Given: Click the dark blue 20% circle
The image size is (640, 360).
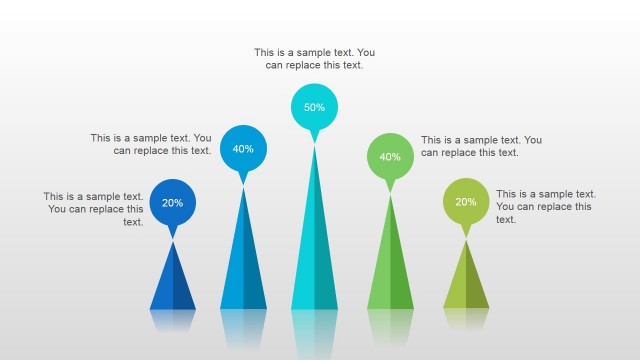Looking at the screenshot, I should pos(172,202).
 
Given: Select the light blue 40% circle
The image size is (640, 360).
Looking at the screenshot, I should pos(243,148).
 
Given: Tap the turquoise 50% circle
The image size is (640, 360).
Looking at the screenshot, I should pos(314,107).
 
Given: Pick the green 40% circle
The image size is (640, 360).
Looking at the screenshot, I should pos(390,156).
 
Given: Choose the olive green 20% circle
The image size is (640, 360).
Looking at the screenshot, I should pos(466,201).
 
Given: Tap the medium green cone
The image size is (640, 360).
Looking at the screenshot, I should pos(390,265).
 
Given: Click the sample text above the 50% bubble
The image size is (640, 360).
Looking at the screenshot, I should pos(314,58).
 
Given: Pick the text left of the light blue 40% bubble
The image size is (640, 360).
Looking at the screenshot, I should pos(151,144).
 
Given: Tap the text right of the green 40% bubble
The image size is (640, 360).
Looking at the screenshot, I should pos(481,146).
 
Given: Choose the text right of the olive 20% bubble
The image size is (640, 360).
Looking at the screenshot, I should pos(545,206).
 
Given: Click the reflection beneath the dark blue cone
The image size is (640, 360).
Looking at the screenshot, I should pos(173,319).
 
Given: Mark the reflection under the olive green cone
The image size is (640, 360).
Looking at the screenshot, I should pos(466,318).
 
